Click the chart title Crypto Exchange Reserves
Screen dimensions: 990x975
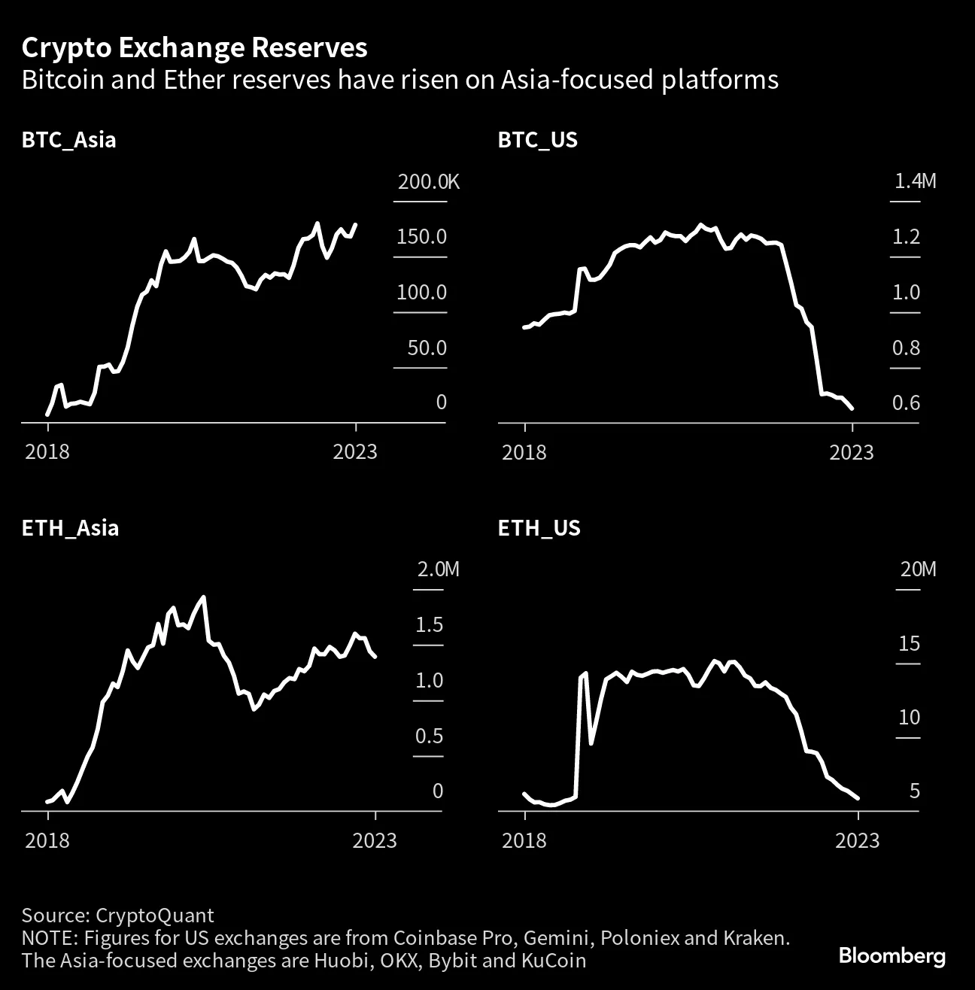point(194,48)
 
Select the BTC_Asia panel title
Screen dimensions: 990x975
point(68,140)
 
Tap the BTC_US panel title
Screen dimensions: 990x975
point(537,140)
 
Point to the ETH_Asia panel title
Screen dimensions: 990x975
point(70,528)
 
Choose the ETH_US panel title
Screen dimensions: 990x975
point(539,528)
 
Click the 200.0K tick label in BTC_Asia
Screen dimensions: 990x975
point(428,182)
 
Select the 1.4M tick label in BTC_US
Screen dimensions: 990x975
point(915,181)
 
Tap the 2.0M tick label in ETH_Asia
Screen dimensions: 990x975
point(438,569)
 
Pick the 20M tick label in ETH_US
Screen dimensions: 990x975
point(918,569)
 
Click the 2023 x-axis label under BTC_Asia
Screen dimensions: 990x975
point(355,452)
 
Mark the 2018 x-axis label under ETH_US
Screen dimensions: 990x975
point(524,840)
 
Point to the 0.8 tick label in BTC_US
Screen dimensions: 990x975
point(906,348)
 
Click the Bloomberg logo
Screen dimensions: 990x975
point(891,957)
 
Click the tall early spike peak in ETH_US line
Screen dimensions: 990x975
point(585,674)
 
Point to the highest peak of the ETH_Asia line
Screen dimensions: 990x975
point(203,597)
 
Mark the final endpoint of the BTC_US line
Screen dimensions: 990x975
point(852,408)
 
